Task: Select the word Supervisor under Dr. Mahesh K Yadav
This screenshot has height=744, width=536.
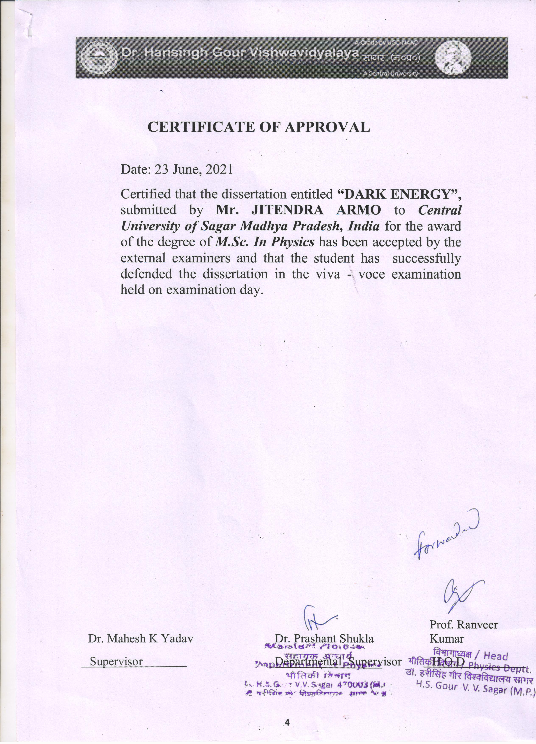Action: (x=116, y=661)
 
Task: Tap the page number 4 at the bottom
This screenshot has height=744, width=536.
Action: (x=288, y=722)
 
